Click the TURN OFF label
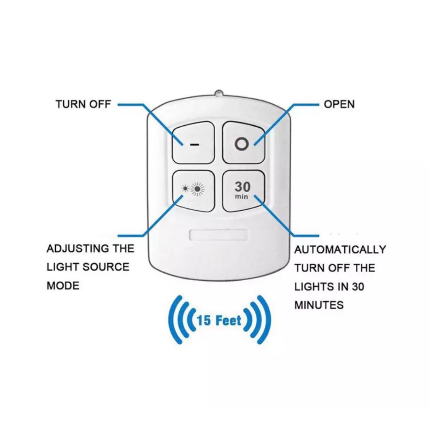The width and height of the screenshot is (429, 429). click(x=83, y=104)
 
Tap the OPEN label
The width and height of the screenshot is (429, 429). click(x=339, y=104)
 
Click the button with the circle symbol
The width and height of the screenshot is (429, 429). click(x=243, y=142)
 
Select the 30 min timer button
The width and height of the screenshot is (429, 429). click(x=243, y=191)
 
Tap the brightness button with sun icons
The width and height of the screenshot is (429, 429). click(x=194, y=191)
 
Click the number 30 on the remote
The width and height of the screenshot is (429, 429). click(x=242, y=186)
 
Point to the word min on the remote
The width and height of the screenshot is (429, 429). click(x=242, y=197)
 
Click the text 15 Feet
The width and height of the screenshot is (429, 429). click(x=219, y=321)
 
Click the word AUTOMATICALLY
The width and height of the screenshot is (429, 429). click(x=340, y=250)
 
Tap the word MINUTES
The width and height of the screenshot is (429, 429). click(x=319, y=305)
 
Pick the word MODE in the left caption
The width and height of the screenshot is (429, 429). click(x=63, y=286)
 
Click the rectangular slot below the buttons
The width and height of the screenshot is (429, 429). click(x=219, y=235)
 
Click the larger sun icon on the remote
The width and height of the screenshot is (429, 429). click(x=198, y=190)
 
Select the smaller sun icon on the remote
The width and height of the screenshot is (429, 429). click(x=186, y=189)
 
